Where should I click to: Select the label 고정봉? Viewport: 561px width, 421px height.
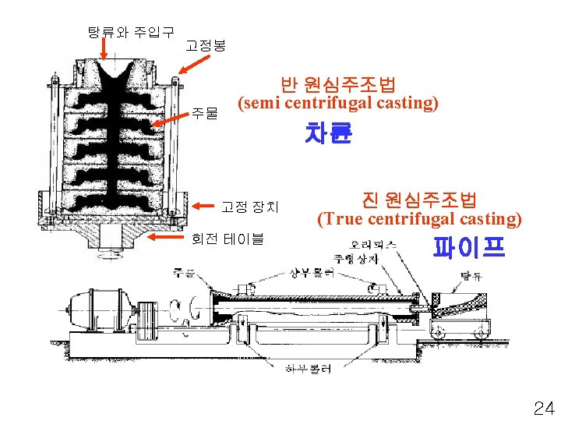[x=206, y=46]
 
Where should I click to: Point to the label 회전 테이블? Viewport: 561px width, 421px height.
[x=228, y=238]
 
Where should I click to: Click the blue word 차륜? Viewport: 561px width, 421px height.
[x=329, y=134]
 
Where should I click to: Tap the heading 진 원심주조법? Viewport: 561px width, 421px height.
[x=420, y=200]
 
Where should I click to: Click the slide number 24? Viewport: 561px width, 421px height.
[x=543, y=407]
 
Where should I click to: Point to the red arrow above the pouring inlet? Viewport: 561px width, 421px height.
[x=104, y=48]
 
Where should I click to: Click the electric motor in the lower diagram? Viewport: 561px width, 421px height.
[x=97, y=306]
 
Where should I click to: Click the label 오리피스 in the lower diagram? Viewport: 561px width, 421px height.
[x=372, y=244]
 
